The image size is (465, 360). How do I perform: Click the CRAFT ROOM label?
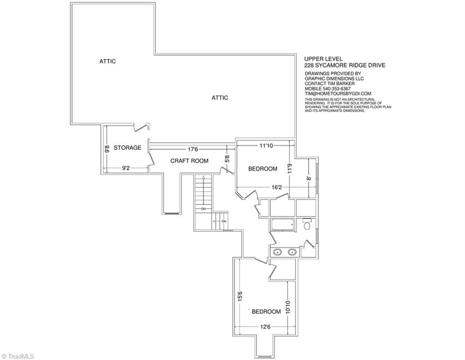click(x=189, y=161)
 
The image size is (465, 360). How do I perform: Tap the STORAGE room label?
click(x=127, y=148)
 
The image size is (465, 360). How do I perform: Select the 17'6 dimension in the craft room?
click(x=193, y=150)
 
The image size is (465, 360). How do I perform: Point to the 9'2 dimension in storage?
click(x=126, y=168)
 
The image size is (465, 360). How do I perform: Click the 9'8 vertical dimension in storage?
click(x=107, y=149)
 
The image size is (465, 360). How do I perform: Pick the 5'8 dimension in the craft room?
click(x=227, y=159)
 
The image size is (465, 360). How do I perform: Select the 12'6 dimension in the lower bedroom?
click(x=265, y=327)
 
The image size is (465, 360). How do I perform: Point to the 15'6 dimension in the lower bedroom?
click(x=240, y=297)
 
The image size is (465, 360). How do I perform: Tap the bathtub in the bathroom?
click(x=282, y=225)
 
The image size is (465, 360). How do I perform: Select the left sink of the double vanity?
click(x=277, y=253)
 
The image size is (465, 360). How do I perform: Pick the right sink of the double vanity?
click(x=292, y=253)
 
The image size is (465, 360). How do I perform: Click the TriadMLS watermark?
click(x=17, y=356)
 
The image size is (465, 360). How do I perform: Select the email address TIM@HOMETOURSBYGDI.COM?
click(x=338, y=93)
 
